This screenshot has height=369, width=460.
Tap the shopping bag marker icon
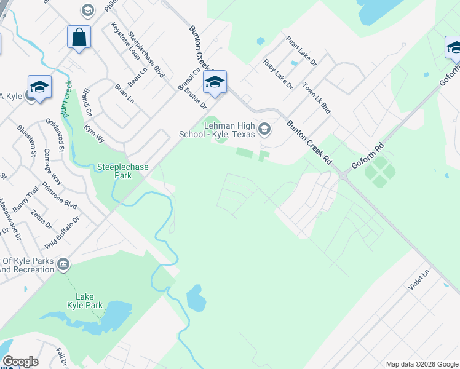[79, 37]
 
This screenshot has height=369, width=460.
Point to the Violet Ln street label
[421, 280]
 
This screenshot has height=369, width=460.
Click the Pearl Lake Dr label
[301, 51]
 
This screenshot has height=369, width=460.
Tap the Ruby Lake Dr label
[277, 74]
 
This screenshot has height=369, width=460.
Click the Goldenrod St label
[55, 135]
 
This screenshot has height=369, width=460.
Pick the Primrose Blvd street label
[62, 196]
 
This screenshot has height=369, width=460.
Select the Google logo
[20, 362]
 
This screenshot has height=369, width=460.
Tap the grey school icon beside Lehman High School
[264, 129]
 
